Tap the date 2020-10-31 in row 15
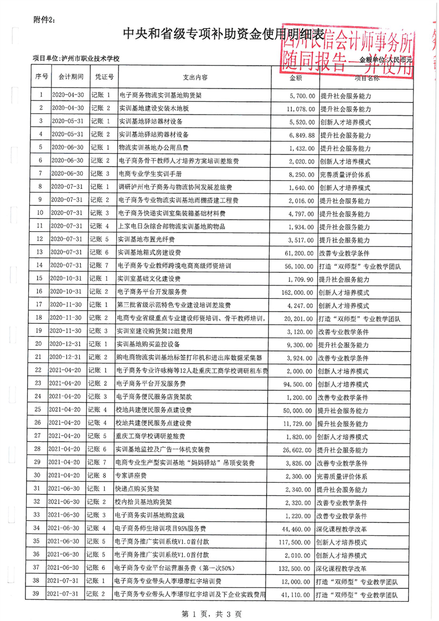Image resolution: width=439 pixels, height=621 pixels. coord(67,278)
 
